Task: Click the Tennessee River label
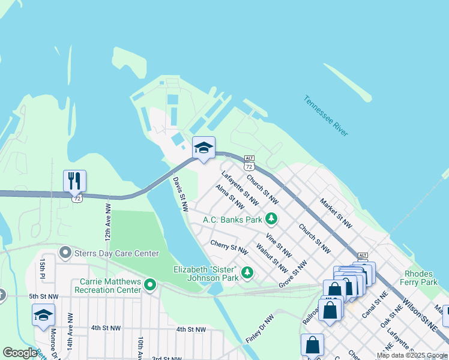(x=325, y=116)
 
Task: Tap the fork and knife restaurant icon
(x=75, y=180)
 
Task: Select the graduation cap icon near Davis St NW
(x=203, y=148)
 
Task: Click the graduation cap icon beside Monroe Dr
(x=43, y=315)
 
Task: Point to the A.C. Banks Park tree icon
(x=272, y=219)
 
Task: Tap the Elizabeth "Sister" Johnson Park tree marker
(x=247, y=274)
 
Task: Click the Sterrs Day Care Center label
(x=116, y=253)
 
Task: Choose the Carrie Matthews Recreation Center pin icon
(x=150, y=284)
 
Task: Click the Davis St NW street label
(x=181, y=193)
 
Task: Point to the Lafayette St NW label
(x=240, y=186)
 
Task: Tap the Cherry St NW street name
(x=229, y=246)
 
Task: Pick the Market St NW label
(x=336, y=213)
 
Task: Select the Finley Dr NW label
(x=259, y=329)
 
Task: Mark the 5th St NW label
(x=44, y=296)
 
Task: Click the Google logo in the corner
(x=20, y=353)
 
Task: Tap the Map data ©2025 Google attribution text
(x=412, y=356)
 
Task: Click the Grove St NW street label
(x=293, y=273)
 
